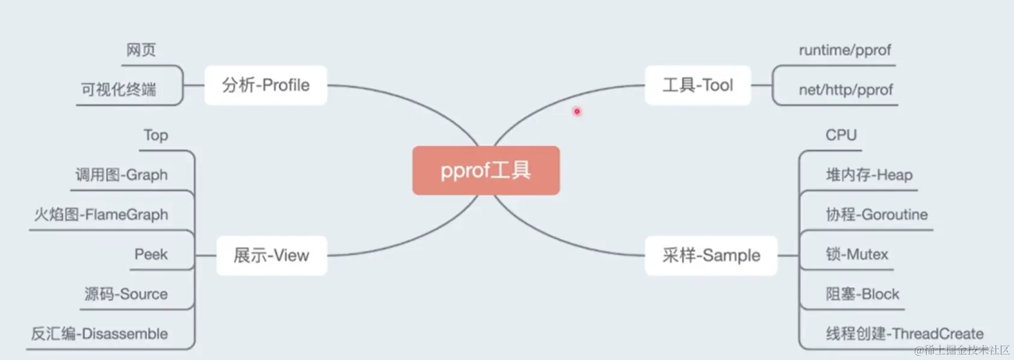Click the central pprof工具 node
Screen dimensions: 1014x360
click(486, 170)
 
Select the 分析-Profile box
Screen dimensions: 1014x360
click(266, 85)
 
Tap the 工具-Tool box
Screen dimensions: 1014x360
click(698, 85)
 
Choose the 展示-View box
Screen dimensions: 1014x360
click(272, 255)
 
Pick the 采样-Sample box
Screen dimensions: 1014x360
click(711, 255)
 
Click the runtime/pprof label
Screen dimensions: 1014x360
click(844, 50)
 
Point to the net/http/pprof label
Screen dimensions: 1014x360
click(846, 90)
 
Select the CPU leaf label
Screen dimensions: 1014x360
click(841, 135)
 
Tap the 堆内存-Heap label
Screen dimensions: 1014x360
click(869, 175)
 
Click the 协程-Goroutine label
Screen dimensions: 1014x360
click(876, 215)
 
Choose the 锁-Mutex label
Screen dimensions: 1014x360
click(857, 254)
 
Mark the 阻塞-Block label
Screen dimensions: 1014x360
click(862, 294)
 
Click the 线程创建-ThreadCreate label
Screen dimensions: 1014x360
click(904, 334)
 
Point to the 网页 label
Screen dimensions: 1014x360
click(141, 50)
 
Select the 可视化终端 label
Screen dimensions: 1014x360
click(118, 90)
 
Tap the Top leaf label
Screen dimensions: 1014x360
click(156, 135)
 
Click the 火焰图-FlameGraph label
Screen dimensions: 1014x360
click(101, 215)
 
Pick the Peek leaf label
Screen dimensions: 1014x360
click(151, 254)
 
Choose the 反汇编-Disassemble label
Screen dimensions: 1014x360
click(99, 334)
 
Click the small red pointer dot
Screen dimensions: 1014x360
click(577, 111)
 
